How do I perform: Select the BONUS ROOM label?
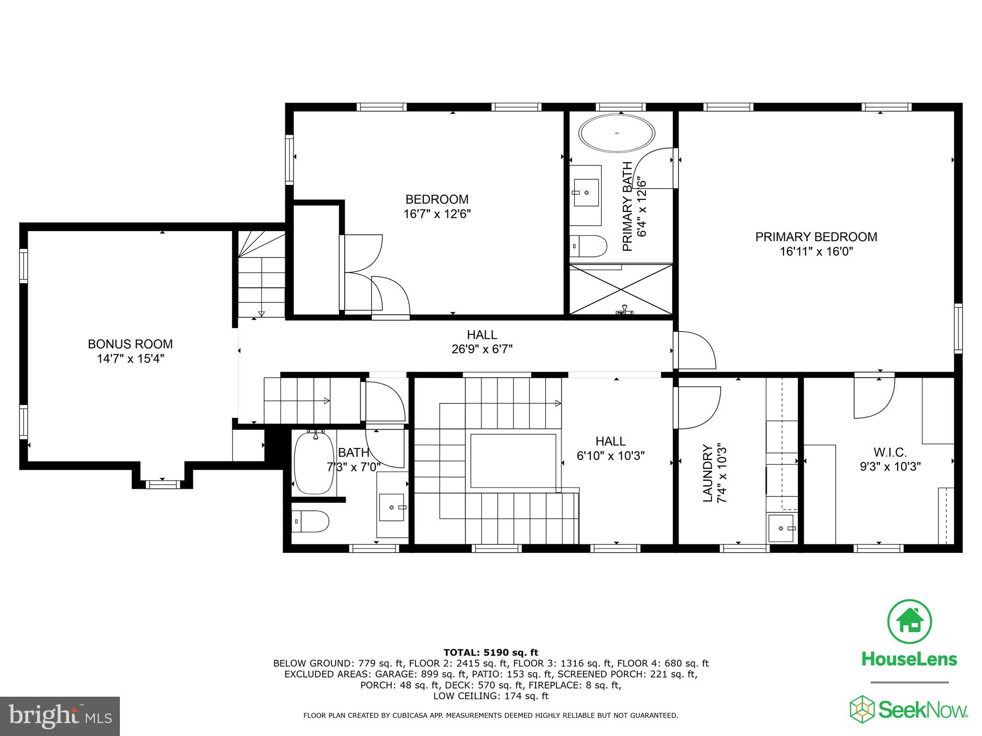pyautogui.click(x=130, y=344)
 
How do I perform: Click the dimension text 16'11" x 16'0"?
pyautogui.click(x=816, y=252)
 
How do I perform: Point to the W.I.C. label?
pyautogui.click(x=890, y=452)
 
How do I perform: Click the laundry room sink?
pyautogui.click(x=781, y=528)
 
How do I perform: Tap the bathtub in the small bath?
pyautogui.click(x=314, y=463)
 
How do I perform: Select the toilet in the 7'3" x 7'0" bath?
pyautogui.click(x=311, y=521)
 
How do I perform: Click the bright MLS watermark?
pyautogui.click(x=60, y=716)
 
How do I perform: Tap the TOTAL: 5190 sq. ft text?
pyautogui.click(x=491, y=652)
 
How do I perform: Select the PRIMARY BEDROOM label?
pyautogui.click(x=816, y=237)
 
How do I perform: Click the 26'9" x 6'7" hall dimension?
pyautogui.click(x=482, y=349)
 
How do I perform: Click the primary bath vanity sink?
pyautogui.click(x=586, y=193)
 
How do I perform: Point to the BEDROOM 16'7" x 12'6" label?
pyautogui.click(x=437, y=206)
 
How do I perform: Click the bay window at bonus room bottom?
pyautogui.click(x=163, y=484)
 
